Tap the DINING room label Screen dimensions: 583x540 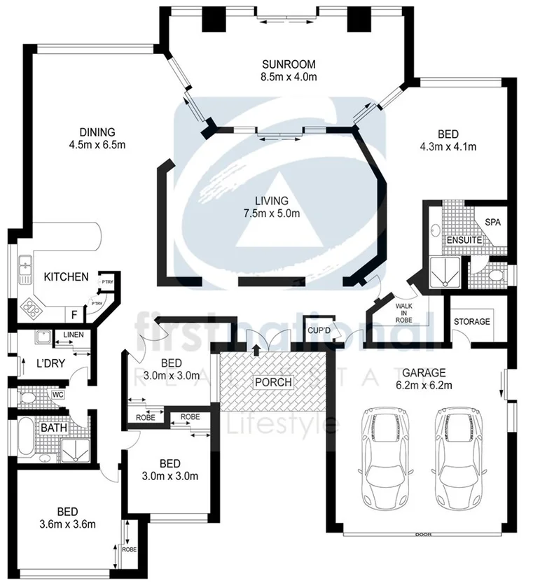[x=97, y=132]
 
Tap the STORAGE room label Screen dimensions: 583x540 [x=472, y=322]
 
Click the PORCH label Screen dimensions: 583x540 [x=273, y=383]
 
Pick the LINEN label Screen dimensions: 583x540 [x=73, y=335]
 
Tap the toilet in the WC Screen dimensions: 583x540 [x=27, y=398]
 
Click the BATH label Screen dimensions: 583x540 [x=53, y=427]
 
